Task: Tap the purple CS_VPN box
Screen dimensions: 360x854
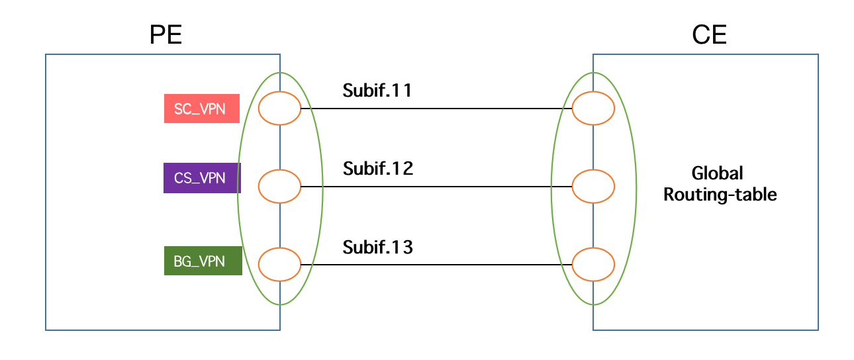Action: click(x=202, y=178)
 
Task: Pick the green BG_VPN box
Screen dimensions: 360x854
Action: click(x=203, y=261)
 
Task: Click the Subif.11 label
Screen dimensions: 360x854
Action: click(x=377, y=91)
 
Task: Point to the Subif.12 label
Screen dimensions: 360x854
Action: click(x=378, y=169)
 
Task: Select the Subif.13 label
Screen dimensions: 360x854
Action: click(x=378, y=247)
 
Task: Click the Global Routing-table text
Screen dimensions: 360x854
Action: click(x=720, y=184)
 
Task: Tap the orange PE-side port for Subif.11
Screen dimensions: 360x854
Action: click(x=279, y=109)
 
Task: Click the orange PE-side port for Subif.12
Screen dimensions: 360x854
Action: click(x=279, y=187)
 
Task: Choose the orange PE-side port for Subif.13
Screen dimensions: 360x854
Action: click(x=279, y=265)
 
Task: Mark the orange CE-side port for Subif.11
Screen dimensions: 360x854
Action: click(x=593, y=109)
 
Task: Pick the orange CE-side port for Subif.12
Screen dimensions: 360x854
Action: click(x=593, y=187)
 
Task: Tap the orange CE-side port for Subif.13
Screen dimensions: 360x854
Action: click(x=593, y=265)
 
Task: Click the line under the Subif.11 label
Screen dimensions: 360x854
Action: click(x=437, y=109)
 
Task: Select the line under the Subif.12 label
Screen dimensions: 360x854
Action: click(x=437, y=187)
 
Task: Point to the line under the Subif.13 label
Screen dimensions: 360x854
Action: click(x=437, y=265)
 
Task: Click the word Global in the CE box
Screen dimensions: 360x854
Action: click(x=718, y=173)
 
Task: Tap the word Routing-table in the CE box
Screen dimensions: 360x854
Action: click(x=720, y=195)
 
